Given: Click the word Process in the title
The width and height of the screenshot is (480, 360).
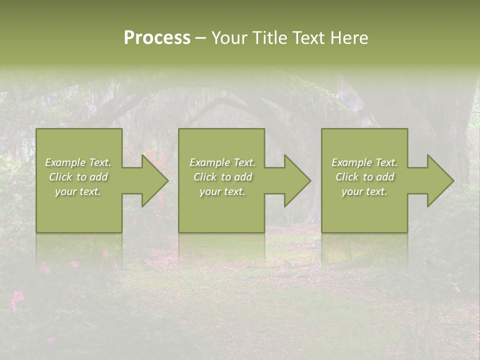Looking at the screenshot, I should (x=157, y=38).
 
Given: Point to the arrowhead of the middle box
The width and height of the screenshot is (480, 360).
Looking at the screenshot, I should (x=300, y=180).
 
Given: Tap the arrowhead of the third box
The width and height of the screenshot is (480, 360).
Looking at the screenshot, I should (x=442, y=180).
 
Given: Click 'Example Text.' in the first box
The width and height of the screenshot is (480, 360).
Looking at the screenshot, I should (x=78, y=162).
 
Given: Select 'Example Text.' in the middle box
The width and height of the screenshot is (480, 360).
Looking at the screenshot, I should (x=222, y=162).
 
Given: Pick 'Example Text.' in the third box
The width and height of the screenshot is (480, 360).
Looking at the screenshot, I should (x=364, y=162).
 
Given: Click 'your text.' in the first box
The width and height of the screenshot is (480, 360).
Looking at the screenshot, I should (x=78, y=191).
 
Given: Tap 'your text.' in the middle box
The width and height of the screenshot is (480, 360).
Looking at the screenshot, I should (x=222, y=191).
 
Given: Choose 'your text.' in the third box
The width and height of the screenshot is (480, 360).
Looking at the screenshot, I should (x=364, y=191).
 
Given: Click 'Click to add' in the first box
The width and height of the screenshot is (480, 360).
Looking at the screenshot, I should (x=78, y=177).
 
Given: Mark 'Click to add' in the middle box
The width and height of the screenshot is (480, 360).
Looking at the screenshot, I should (x=222, y=177).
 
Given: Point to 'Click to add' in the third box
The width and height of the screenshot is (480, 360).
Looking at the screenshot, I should (x=364, y=177).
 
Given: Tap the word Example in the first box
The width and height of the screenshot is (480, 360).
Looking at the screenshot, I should (x=65, y=162).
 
